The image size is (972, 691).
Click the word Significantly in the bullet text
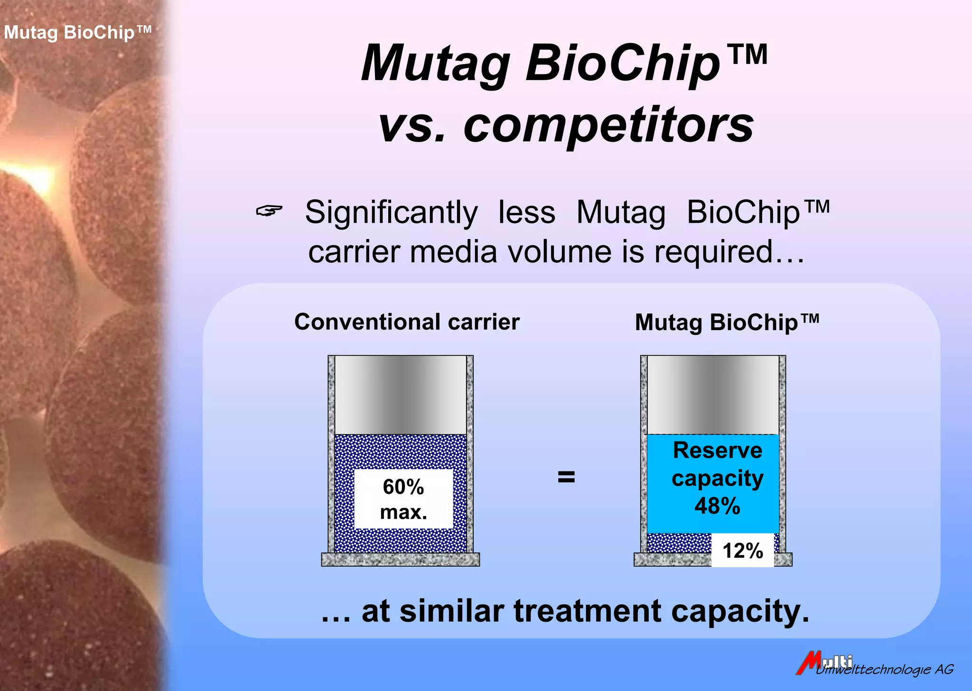pyautogui.click(x=391, y=212)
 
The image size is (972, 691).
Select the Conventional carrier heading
pyautogui.click(x=407, y=322)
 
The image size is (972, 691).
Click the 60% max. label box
pyautogui.click(x=403, y=499)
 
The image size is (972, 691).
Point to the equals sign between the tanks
pyautogui.click(x=566, y=477)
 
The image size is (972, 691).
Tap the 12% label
pyautogui.click(x=742, y=551)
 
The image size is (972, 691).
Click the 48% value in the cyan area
pyautogui.click(x=717, y=506)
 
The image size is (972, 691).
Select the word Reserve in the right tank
pyautogui.click(x=717, y=450)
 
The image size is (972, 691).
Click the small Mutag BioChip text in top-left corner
pyautogui.click(x=77, y=33)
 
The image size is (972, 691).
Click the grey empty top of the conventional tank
pyautogui.click(x=401, y=395)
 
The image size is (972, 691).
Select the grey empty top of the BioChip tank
pyautogui.click(x=713, y=395)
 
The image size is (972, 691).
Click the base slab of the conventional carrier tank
pyautogui.click(x=400, y=560)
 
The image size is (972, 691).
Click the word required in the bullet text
pyautogui.click(x=714, y=252)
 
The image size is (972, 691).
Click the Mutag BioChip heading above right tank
pyautogui.click(x=727, y=322)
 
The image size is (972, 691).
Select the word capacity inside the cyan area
pyautogui.click(x=717, y=478)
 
